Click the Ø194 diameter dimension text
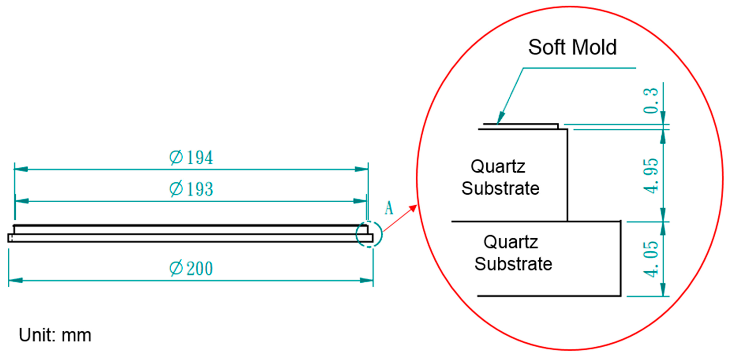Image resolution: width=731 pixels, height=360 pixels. pos(191,158)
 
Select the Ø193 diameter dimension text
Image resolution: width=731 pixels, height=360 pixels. pos(191,189)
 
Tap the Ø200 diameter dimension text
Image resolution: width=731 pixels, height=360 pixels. pos(191,268)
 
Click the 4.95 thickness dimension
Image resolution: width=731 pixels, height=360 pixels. pos(650,176)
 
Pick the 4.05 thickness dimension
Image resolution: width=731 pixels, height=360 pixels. pos(650,259)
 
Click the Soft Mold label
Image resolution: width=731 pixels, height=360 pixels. pos(572,47)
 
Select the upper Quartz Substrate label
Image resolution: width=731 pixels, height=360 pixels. pos(500,177)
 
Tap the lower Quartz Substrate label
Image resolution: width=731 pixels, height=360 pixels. pos(513,253)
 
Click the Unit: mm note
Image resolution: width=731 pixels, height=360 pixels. pos(55,335)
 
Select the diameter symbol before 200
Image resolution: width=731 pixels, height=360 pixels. pos(176,268)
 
